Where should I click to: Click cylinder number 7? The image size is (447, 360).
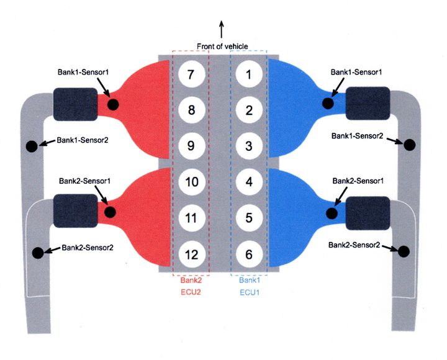click(191, 75)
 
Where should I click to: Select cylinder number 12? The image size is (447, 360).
click(191, 254)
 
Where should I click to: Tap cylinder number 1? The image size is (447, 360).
click(249, 75)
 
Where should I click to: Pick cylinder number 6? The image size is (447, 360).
click(249, 254)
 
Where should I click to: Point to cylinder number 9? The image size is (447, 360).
click(191, 146)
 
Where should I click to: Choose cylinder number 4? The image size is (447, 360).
click(249, 182)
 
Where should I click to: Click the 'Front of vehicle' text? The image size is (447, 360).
click(222, 47)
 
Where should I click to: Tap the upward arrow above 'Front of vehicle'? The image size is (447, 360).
click(222, 28)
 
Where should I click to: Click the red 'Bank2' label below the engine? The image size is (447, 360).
click(191, 280)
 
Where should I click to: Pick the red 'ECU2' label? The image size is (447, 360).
click(191, 291)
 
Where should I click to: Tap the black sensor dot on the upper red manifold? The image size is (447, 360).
click(113, 104)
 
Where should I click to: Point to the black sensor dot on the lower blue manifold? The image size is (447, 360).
click(332, 213)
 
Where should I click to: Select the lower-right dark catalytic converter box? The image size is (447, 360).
click(368, 213)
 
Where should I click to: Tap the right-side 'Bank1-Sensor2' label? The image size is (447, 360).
click(357, 135)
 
